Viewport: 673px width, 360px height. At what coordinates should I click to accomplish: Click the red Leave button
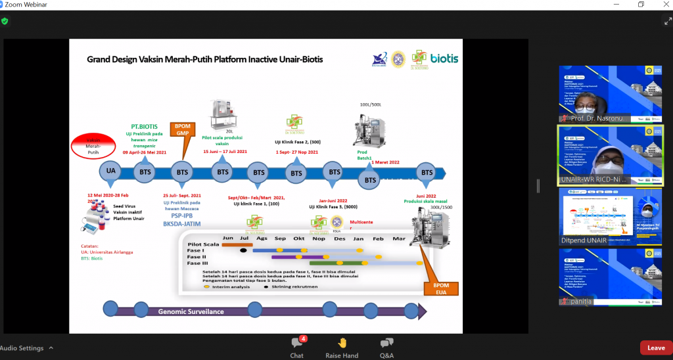(656, 348)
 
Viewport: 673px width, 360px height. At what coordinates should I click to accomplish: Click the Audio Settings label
(22, 348)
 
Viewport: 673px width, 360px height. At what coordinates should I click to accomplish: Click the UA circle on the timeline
(110, 172)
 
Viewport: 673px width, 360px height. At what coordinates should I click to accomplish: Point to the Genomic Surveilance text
(191, 311)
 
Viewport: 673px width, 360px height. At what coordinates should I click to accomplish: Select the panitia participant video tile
(611, 279)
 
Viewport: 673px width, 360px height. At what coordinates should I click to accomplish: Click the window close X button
(662, 5)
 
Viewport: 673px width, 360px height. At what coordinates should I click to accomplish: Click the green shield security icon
(5, 21)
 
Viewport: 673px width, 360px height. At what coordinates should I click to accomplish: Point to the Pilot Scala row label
(202, 244)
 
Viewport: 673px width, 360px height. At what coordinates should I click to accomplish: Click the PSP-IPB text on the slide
(181, 215)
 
